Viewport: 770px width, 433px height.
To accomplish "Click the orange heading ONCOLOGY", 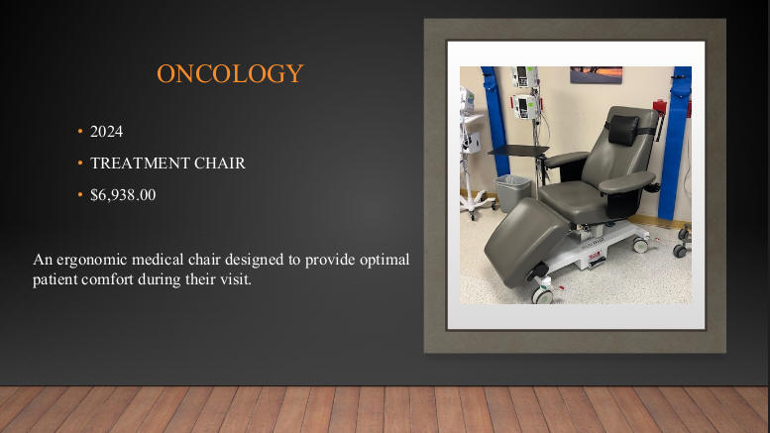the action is tap(230, 73).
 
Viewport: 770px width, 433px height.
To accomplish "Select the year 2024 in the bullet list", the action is tap(107, 132).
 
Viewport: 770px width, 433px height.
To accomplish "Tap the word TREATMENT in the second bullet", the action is tap(140, 162).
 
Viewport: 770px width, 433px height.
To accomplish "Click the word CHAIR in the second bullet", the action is tap(220, 162).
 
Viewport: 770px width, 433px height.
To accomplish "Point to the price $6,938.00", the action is tap(123, 195).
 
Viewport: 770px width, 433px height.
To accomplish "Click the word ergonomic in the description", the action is tap(92, 260).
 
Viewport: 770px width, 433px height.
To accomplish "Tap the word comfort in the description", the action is tap(108, 279).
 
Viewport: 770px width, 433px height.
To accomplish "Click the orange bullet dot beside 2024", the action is tap(80, 131).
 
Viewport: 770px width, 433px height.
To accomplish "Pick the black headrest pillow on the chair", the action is tap(623, 130).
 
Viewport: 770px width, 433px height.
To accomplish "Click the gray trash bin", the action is tap(512, 193).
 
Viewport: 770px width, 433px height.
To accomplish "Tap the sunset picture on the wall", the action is tap(596, 74).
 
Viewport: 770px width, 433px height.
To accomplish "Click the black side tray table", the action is tap(518, 151).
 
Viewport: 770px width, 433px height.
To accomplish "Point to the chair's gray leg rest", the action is tap(524, 241).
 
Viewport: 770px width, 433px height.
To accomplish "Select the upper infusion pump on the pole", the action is tap(523, 76).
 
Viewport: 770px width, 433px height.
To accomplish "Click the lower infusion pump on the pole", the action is tap(526, 107).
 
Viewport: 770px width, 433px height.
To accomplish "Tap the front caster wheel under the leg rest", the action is tap(543, 295).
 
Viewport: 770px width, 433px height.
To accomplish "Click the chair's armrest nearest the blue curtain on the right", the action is tap(627, 181).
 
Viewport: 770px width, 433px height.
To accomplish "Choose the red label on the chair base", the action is tap(594, 256).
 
